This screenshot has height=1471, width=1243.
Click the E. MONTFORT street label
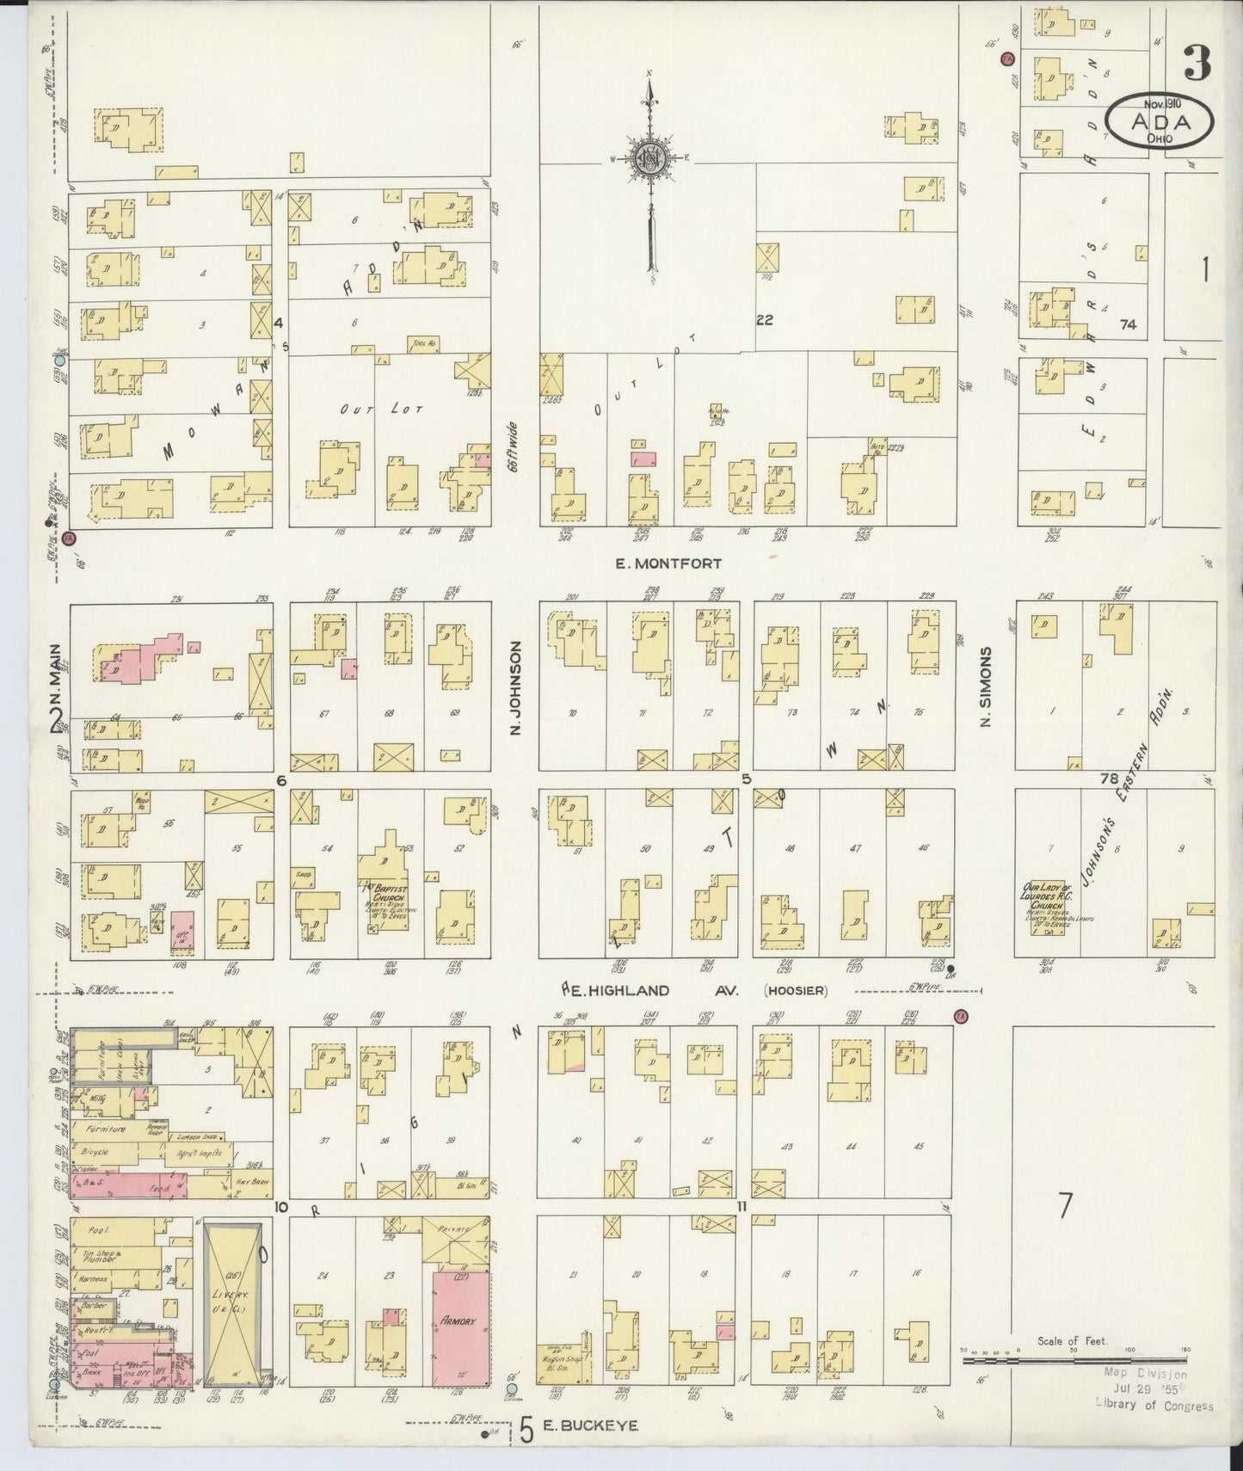tap(668, 563)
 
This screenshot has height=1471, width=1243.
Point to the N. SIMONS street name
tap(987, 686)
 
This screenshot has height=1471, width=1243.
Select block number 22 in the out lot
tap(764, 320)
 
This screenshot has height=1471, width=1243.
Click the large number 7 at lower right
tap(1065, 1205)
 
